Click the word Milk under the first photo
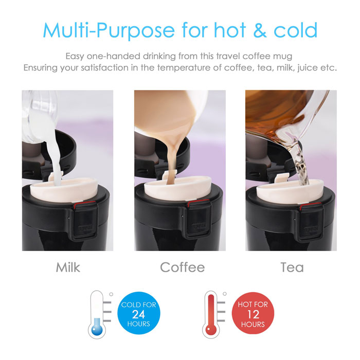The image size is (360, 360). pos(68,267)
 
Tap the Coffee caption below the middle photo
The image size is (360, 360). pos(182,267)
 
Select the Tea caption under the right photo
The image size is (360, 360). pos(292,267)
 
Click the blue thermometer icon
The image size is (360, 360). pos(96,315)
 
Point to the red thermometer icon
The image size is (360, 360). pos(209,315)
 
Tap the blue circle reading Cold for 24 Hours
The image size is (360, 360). pos(138,314)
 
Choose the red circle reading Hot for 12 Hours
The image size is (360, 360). pos(253,314)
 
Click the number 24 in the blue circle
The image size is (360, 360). pos(138,314)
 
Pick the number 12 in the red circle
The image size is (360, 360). pos(253,314)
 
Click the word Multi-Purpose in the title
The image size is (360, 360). pos(109,31)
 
